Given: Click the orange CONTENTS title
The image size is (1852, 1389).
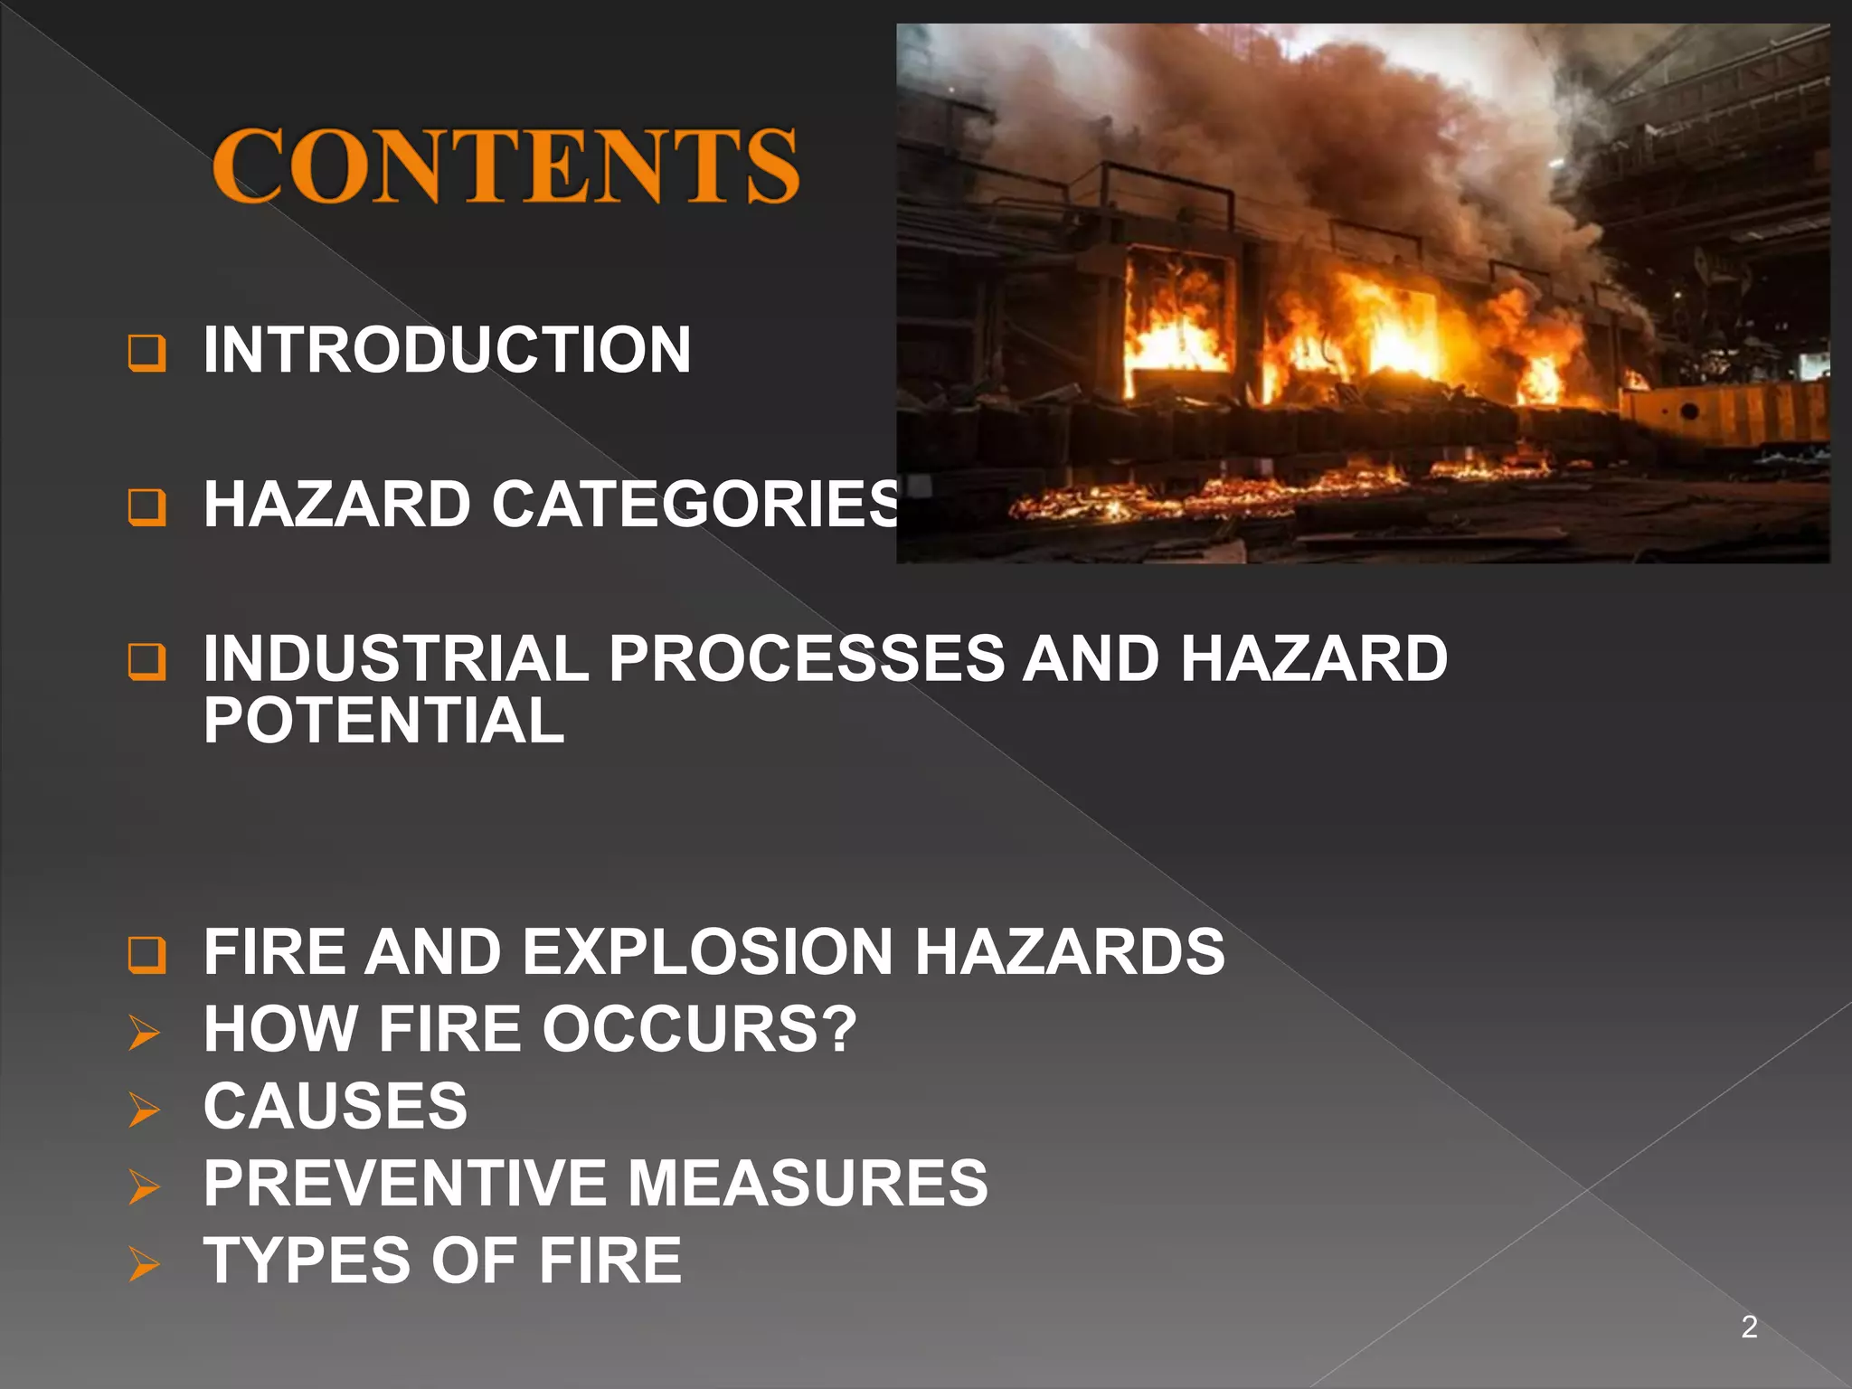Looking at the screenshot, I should (505, 165).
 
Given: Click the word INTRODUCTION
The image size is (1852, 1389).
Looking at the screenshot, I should (447, 350).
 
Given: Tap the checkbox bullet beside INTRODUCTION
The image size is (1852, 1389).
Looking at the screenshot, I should (146, 353).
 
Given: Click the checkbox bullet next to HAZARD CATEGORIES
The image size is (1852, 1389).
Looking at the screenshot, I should (146, 507).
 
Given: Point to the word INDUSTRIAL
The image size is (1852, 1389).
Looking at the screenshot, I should (396, 657).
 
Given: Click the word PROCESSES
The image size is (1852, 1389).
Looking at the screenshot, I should (806, 657).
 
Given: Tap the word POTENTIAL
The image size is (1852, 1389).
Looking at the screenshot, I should (384, 721).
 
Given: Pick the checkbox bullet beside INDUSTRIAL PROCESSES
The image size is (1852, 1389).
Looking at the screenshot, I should (146, 661).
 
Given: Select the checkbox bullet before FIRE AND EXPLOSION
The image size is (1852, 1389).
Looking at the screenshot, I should (146, 955).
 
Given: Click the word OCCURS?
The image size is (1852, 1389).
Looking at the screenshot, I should (699, 1029).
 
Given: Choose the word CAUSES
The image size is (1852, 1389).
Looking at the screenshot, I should (335, 1106).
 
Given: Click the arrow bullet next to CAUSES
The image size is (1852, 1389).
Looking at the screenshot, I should (145, 1110).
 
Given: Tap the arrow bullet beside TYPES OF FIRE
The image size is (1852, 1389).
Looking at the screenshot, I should (145, 1263).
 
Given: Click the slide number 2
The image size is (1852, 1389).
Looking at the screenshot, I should (1749, 1327).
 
